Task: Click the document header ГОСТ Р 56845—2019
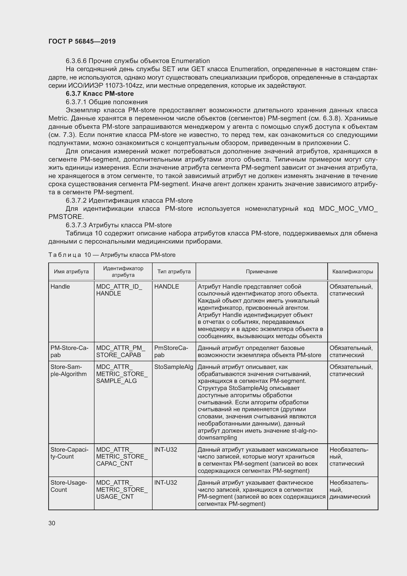(x=82, y=41)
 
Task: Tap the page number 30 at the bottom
(x=52, y=523)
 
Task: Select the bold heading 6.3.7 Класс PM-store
(x=99, y=94)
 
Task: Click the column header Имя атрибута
(x=71, y=271)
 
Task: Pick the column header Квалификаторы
(x=352, y=271)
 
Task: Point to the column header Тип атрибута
(x=174, y=271)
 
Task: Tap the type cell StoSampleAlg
(x=173, y=367)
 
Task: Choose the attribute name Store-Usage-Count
(x=68, y=486)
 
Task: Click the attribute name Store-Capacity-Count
(x=69, y=453)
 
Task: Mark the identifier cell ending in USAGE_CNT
(x=122, y=490)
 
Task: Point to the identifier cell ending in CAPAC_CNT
(x=122, y=456)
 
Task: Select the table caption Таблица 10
(x=112, y=255)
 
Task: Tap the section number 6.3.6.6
(x=76, y=61)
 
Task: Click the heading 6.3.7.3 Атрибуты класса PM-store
(x=119, y=225)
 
